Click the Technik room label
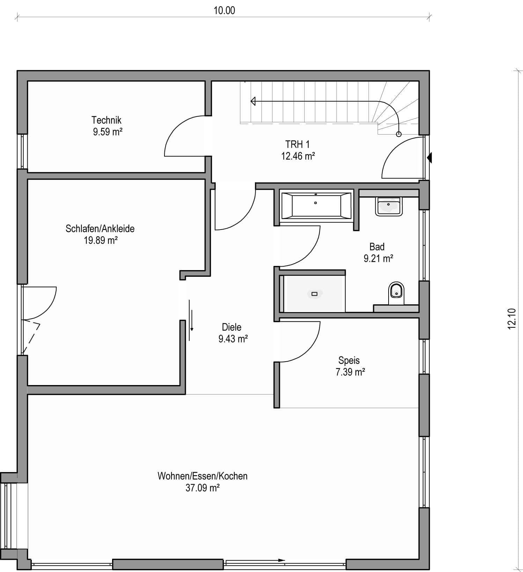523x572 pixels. point(106,120)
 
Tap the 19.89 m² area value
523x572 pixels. point(101,240)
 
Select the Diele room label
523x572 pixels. point(232,327)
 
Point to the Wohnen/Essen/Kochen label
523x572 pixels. point(202,476)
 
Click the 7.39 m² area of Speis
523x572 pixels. point(350,372)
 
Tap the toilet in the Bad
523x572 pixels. point(396,293)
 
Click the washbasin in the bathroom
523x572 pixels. point(388,206)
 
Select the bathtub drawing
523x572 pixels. point(316,206)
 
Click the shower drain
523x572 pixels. point(314,294)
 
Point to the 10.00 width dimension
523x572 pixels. point(224,10)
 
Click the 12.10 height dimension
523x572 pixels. point(511,318)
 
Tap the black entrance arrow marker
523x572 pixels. point(429,158)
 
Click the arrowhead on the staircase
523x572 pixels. point(253,101)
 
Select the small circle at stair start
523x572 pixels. point(399,134)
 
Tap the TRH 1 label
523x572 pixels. point(297,144)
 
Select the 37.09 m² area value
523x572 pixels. point(202,488)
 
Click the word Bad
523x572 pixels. point(377,247)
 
